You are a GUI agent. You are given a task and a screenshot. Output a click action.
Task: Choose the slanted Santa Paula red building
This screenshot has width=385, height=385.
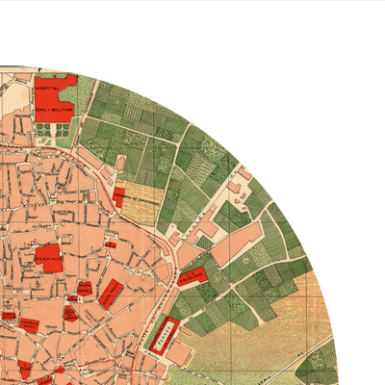tap(111, 292)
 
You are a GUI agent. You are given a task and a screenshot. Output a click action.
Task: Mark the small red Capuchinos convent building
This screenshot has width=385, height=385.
tap(118, 196)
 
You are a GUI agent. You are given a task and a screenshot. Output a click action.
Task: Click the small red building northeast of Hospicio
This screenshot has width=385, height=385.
tap(111, 245)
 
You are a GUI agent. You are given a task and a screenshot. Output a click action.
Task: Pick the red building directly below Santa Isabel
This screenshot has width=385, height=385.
tap(71, 312)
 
